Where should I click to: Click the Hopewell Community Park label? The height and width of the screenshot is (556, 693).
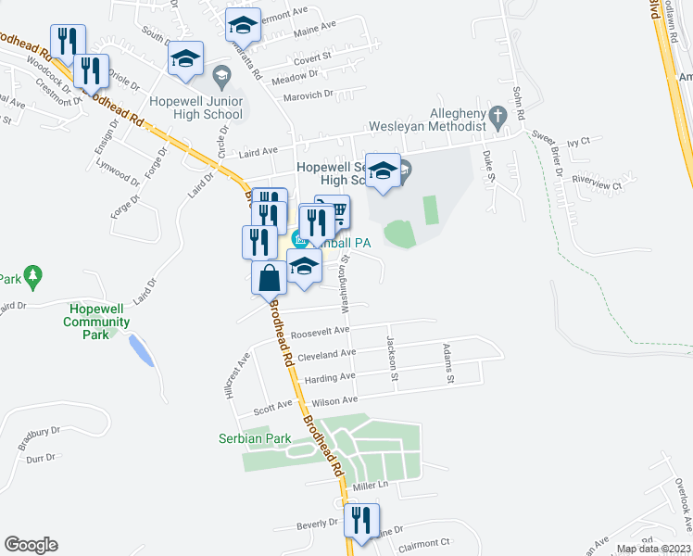pyautogui.click(x=96, y=322)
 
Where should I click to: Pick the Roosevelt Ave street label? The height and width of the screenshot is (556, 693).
pyautogui.click(x=320, y=331)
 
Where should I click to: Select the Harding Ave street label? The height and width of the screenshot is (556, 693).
pyautogui.click(x=330, y=377)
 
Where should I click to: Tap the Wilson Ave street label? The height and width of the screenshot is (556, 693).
pyautogui.click(x=334, y=400)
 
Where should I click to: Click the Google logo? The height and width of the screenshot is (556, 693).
pyautogui.click(x=31, y=545)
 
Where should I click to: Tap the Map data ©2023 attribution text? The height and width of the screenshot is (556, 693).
pyautogui.click(x=652, y=549)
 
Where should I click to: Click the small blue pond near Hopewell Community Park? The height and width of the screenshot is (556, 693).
pyautogui.click(x=139, y=349)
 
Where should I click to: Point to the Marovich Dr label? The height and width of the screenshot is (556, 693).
pyautogui.click(x=309, y=95)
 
